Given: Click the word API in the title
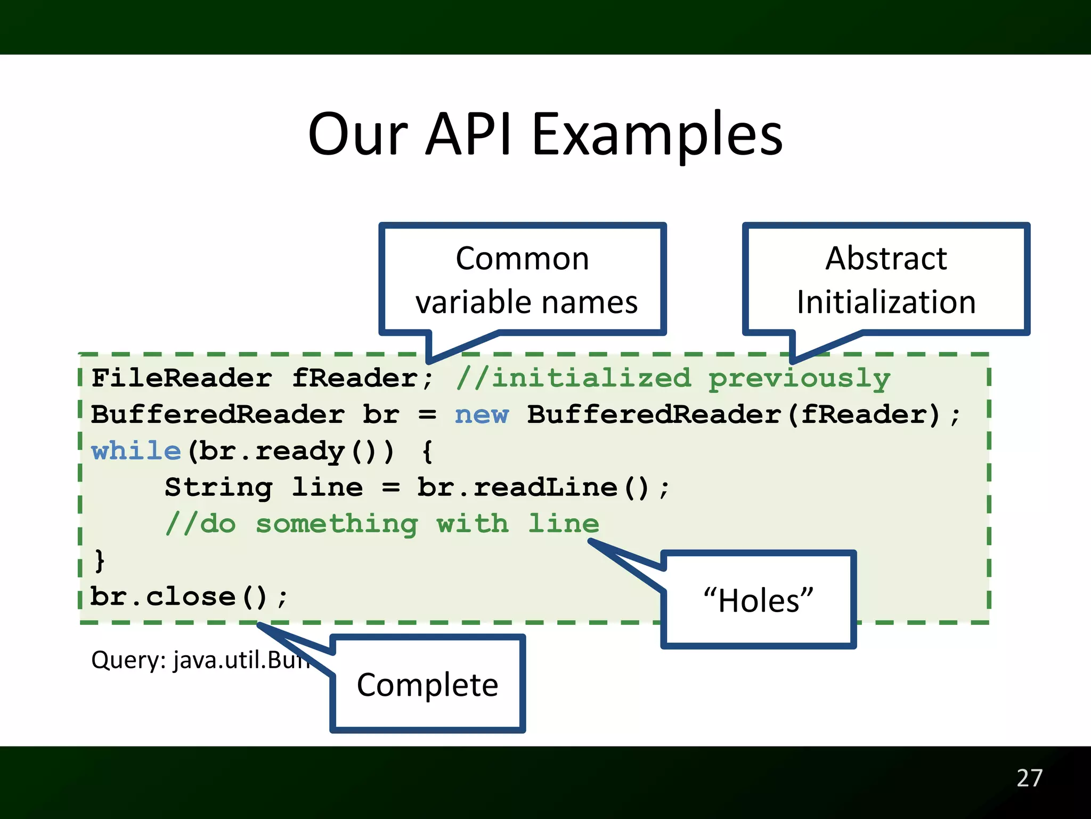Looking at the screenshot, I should click(x=469, y=134).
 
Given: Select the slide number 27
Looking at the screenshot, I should click(x=1029, y=778).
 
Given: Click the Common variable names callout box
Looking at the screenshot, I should click(x=522, y=279).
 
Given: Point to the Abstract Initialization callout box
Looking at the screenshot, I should click(x=886, y=279).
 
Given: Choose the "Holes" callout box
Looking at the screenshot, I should click(x=758, y=600).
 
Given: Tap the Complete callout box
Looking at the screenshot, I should click(x=427, y=685).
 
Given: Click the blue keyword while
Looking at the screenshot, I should click(x=136, y=452).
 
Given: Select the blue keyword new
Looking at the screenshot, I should click(x=482, y=415).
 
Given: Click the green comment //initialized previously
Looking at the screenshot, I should click(x=673, y=379).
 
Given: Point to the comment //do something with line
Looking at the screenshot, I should click(x=382, y=524).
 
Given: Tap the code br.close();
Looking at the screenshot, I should click(x=189, y=597).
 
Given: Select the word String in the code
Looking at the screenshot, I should click(x=218, y=487).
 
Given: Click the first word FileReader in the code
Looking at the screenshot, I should click(x=181, y=379).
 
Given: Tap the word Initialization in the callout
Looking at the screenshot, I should click(x=886, y=302).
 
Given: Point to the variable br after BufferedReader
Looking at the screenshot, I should click(x=380, y=415).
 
